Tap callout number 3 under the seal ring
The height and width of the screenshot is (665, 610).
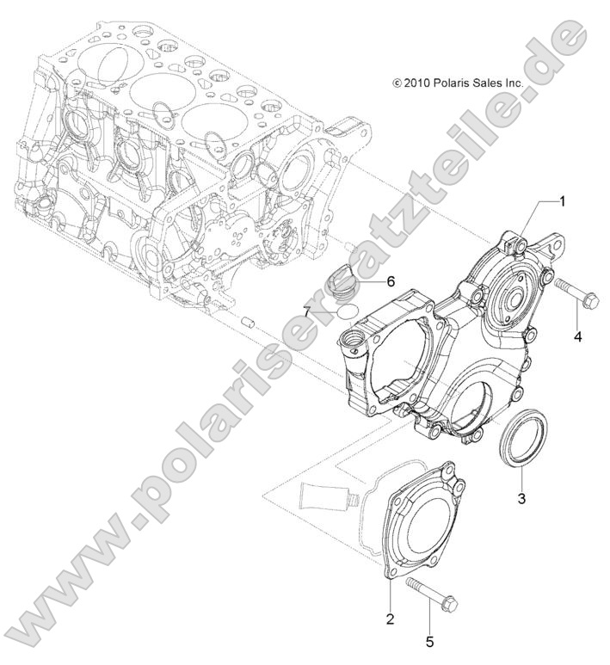point(521,496)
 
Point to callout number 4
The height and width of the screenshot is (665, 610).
point(577,336)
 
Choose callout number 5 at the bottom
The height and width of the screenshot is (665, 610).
point(429,641)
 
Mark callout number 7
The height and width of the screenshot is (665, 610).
point(307,309)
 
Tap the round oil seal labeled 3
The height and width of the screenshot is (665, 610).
point(523,440)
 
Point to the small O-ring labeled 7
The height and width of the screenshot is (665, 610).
point(348,310)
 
